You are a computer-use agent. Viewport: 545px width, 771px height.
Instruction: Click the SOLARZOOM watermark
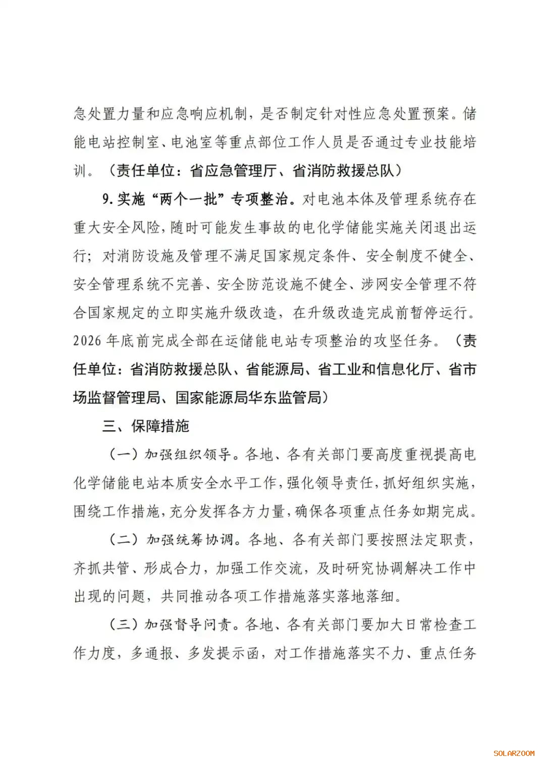514,753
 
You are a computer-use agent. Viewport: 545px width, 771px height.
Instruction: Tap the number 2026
87,341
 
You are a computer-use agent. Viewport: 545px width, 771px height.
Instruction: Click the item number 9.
106,199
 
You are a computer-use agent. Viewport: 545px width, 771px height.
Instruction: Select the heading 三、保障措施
145,426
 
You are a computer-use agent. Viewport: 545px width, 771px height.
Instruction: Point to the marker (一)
124,454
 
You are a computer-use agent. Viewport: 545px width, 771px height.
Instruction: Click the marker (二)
124,540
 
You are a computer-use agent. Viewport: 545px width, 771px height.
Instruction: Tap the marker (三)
124,625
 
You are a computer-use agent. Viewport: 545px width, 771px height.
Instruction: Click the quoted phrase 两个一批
189,199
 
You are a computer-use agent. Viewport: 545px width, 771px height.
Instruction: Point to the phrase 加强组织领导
188,454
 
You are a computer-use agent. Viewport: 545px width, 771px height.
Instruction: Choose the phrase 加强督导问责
188,625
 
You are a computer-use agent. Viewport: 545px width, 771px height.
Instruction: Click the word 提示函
238,653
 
